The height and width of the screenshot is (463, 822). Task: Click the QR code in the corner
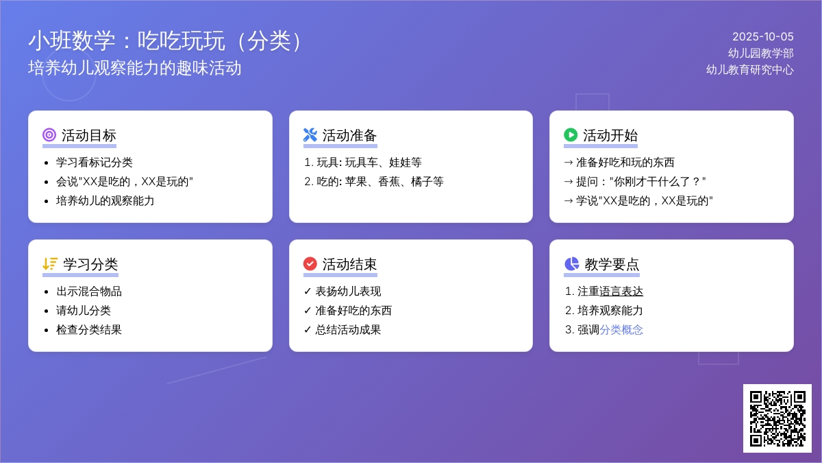point(777,418)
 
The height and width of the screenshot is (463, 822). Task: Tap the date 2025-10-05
point(763,37)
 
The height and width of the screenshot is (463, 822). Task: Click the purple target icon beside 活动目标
point(49,135)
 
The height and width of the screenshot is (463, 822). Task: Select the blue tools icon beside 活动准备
point(310,135)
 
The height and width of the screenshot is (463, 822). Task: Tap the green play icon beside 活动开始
point(571,135)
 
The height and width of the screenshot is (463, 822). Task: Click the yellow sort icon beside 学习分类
point(50,264)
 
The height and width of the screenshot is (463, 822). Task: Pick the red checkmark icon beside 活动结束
point(310,264)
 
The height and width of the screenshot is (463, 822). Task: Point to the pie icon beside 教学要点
point(571,264)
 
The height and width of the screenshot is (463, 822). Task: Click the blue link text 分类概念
point(621,330)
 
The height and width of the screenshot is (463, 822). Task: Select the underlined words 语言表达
point(621,292)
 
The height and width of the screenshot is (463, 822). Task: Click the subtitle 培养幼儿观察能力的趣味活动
point(135,69)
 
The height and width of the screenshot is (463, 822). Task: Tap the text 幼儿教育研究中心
point(749,69)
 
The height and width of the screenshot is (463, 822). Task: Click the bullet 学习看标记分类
point(95,163)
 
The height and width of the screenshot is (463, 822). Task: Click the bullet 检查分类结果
point(89,330)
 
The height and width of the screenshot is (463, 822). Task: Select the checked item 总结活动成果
point(348,330)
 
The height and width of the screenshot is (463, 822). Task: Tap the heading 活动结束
point(350,264)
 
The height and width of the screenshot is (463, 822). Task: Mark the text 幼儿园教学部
point(761,54)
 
